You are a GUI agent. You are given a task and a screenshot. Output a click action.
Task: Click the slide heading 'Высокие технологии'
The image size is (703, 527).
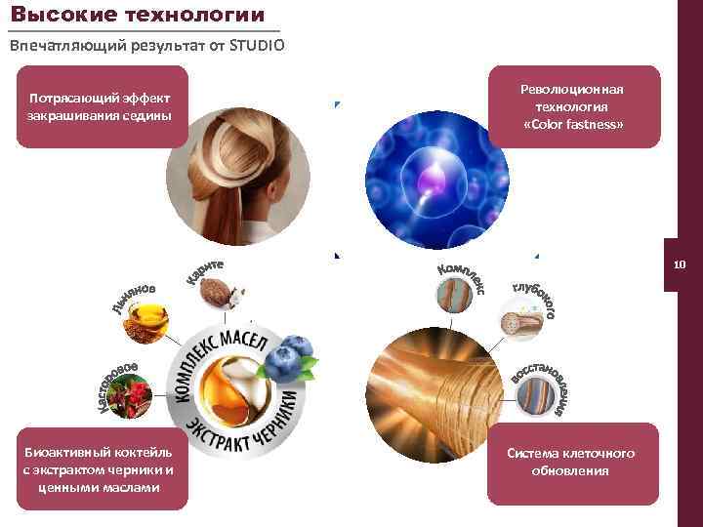coord(138,15)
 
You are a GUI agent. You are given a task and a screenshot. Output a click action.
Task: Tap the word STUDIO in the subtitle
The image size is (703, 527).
coord(257,46)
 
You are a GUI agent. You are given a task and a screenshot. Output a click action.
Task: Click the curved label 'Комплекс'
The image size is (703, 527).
coord(461,275)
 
